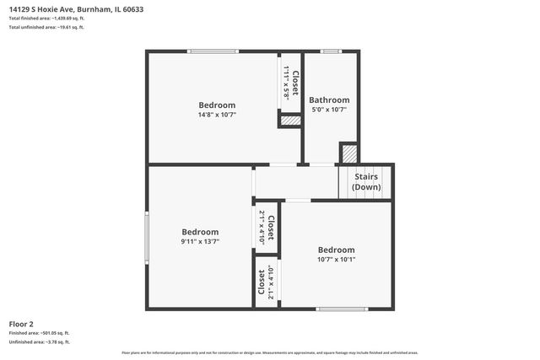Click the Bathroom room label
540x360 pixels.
[x=329, y=99]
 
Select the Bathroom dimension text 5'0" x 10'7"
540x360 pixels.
[x=329, y=110]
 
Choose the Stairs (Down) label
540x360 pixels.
[x=365, y=181]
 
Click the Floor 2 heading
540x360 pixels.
[x=21, y=324]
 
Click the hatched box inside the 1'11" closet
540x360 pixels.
[x=290, y=121]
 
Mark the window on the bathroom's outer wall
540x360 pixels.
[x=331, y=51]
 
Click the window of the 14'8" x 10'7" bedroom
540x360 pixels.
[x=213, y=51]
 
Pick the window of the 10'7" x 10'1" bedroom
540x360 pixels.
[x=342, y=309]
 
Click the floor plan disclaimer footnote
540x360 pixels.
[x=270, y=352]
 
